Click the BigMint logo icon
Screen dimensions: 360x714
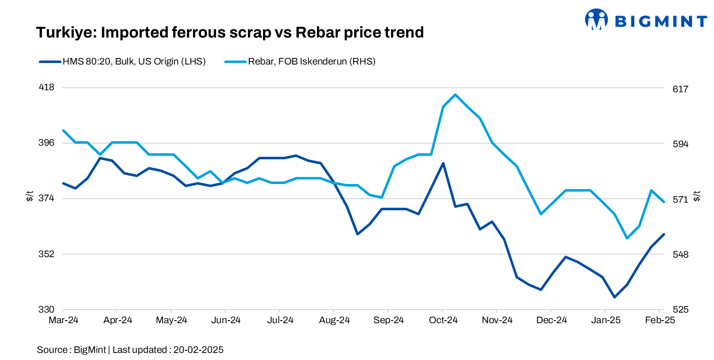[x=597, y=20]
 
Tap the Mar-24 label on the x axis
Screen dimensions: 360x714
[x=62, y=320]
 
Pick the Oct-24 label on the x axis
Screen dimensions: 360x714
[x=442, y=320]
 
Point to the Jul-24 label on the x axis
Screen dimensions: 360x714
[x=280, y=320]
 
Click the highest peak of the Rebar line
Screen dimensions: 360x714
[x=455, y=95]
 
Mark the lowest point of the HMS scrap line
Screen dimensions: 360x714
[x=614, y=297]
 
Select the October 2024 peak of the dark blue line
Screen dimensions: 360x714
[x=443, y=163]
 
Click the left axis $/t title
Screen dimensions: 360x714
[x=29, y=197]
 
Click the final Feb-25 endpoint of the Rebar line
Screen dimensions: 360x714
[x=664, y=202]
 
